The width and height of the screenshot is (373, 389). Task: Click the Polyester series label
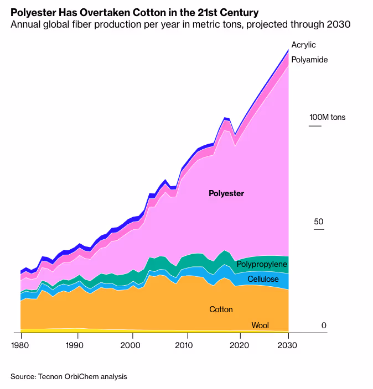[226, 193]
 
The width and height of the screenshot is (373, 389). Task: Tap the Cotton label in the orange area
[221, 309]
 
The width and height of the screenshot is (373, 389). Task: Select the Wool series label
[260, 325]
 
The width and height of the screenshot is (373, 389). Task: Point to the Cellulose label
[263, 280]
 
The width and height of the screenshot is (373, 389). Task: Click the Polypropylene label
[262, 265]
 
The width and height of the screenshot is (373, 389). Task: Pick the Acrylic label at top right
[303, 45]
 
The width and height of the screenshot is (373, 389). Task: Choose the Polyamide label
[309, 59]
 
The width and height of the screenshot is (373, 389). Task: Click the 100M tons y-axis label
[327, 117]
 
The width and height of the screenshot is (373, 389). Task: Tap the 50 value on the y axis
[319, 222]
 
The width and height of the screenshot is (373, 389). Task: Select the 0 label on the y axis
[324, 325]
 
